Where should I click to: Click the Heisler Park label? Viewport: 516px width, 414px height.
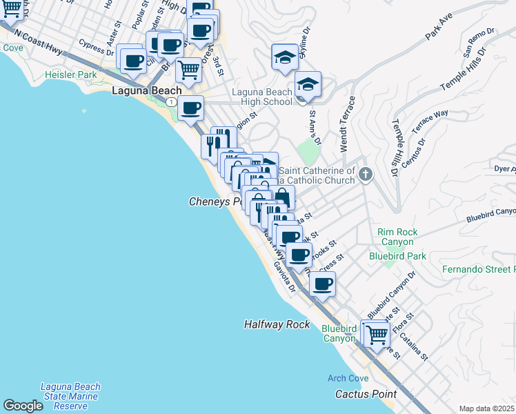click(x=70, y=74)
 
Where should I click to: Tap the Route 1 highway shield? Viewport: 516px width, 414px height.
click(x=170, y=101)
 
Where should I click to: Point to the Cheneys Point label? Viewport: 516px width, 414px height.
click(x=216, y=201)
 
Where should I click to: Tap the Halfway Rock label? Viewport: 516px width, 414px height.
click(x=277, y=324)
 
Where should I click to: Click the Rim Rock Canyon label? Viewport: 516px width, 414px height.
click(x=395, y=237)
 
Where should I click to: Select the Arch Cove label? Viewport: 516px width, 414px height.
click(x=348, y=378)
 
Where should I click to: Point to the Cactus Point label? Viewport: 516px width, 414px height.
click(x=366, y=394)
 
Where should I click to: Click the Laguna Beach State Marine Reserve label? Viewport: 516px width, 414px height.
click(x=70, y=397)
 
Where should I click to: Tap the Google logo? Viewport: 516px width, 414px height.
click(x=23, y=406)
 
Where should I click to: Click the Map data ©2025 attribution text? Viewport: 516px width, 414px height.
click(x=487, y=408)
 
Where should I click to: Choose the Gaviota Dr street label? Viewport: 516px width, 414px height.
click(x=284, y=276)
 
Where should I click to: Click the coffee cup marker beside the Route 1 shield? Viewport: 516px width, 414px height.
click(x=190, y=108)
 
